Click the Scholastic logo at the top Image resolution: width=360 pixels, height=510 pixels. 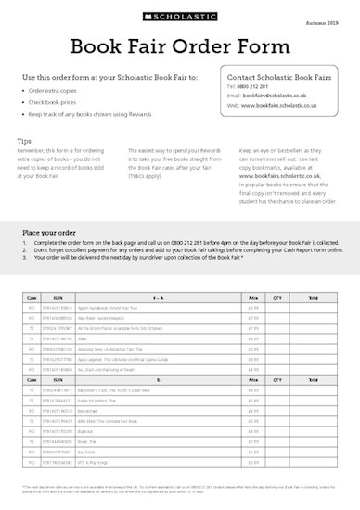coord(179,17)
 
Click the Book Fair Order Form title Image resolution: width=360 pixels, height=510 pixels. coord(180,46)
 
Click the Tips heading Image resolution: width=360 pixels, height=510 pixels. coord(24,139)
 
